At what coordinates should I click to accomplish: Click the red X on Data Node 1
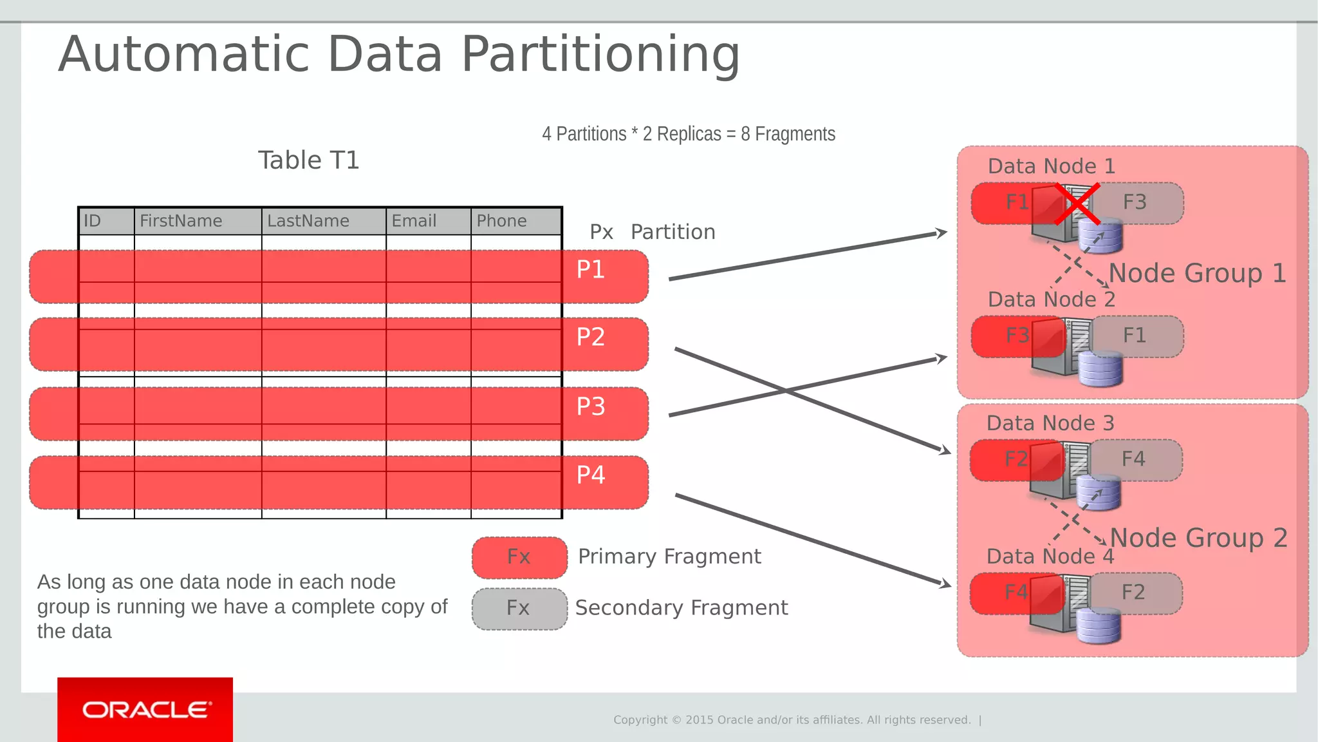pos(1077,204)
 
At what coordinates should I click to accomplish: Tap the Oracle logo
pos(145,710)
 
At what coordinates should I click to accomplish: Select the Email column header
pos(414,221)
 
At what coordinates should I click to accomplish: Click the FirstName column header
pos(181,221)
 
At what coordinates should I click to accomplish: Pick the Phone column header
pos(501,221)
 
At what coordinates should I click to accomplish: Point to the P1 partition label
pos(590,269)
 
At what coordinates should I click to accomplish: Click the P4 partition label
pos(590,475)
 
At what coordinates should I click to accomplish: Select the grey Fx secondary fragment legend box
pos(519,609)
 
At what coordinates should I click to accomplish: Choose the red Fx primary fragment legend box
pos(519,557)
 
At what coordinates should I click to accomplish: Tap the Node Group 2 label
pos(1198,538)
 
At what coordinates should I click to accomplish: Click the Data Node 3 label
pos(1050,423)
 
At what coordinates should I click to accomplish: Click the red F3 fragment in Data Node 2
pos(1017,336)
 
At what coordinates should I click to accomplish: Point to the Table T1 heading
pos(308,160)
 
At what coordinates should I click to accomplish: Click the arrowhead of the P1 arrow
pos(942,233)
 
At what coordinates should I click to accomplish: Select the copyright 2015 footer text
pos(792,720)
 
